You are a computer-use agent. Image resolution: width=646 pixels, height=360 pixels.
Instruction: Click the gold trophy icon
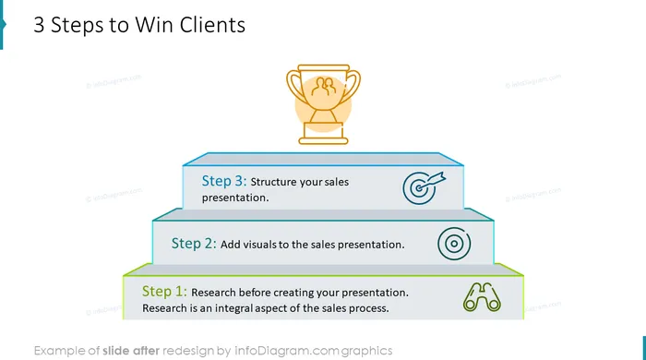pos(323,104)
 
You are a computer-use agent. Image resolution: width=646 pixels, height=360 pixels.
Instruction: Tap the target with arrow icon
pos(424,187)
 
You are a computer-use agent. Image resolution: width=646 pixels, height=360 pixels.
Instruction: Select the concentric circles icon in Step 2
pos(454,244)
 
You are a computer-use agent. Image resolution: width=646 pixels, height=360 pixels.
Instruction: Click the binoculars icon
pos(482,297)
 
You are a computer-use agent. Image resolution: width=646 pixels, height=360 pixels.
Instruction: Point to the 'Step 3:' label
pos(224,181)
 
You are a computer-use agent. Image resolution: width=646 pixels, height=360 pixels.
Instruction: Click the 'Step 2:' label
pos(194,244)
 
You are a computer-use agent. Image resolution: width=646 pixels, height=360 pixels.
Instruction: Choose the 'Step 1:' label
pos(164,291)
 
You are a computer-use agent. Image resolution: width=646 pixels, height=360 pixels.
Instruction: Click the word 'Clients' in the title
pos(212,25)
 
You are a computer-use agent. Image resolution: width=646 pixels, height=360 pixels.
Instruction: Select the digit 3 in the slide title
pos(39,25)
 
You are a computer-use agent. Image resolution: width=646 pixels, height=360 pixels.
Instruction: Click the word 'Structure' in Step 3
pos(273,182)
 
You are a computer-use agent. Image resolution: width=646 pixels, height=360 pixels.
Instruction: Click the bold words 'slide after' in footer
pos(131,351)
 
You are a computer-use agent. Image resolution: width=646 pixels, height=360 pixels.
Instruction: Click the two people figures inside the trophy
pos(323,87)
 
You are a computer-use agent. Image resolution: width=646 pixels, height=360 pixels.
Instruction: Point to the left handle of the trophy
pos(295,86)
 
